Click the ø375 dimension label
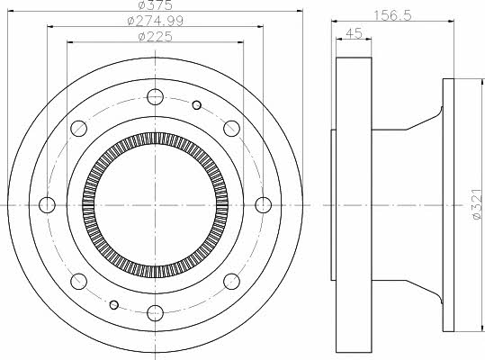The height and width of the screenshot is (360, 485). click(155, 4)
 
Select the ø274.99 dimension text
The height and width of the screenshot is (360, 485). click(156, 21)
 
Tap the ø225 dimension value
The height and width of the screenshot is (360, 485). click(156, 37)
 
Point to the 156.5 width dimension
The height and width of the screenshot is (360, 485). click(392, 15)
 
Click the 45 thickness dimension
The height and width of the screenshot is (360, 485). click(354, 33)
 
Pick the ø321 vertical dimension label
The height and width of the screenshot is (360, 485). click(477, 204)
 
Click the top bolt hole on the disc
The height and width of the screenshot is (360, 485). click(155, 97)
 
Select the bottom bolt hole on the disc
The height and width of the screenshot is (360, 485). click(155, 313)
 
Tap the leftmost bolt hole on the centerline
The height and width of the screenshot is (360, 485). click(48, 204)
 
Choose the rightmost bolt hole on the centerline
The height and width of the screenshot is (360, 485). click(264, 204)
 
